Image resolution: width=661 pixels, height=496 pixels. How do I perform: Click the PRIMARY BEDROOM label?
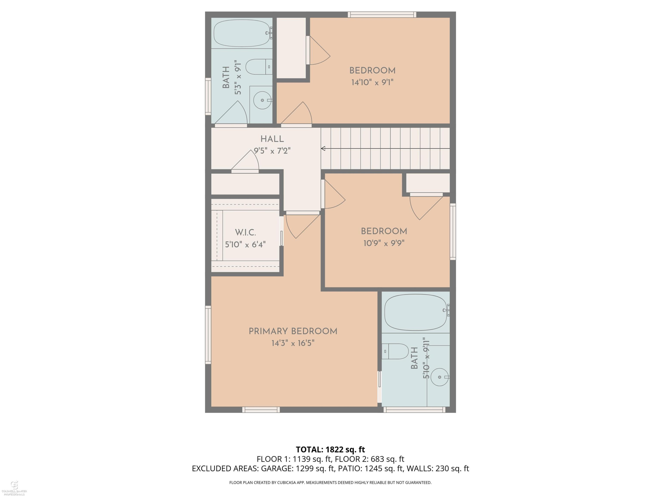pos(293,331)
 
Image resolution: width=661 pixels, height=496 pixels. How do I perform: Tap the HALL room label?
pos(272,139)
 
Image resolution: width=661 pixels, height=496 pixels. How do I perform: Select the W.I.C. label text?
pos(245,232)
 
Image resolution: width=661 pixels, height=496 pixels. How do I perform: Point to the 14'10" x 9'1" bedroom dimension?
pos(372,82)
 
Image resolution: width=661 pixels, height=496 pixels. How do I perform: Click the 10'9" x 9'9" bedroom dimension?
pos(384,243)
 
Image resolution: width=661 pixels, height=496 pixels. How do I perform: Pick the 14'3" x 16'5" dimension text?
pos(293,343)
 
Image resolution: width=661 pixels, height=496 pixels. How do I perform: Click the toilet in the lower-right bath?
pos(395,351)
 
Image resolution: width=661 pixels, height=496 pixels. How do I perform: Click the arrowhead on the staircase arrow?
pos(323,149)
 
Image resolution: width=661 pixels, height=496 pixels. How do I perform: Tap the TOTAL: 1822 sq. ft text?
pos(330,450)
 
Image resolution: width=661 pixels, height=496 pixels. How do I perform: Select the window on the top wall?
pos(382,15)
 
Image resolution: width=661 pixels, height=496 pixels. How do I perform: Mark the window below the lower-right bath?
pos(414,410)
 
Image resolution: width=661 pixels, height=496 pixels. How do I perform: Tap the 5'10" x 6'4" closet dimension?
pos(245,244)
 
